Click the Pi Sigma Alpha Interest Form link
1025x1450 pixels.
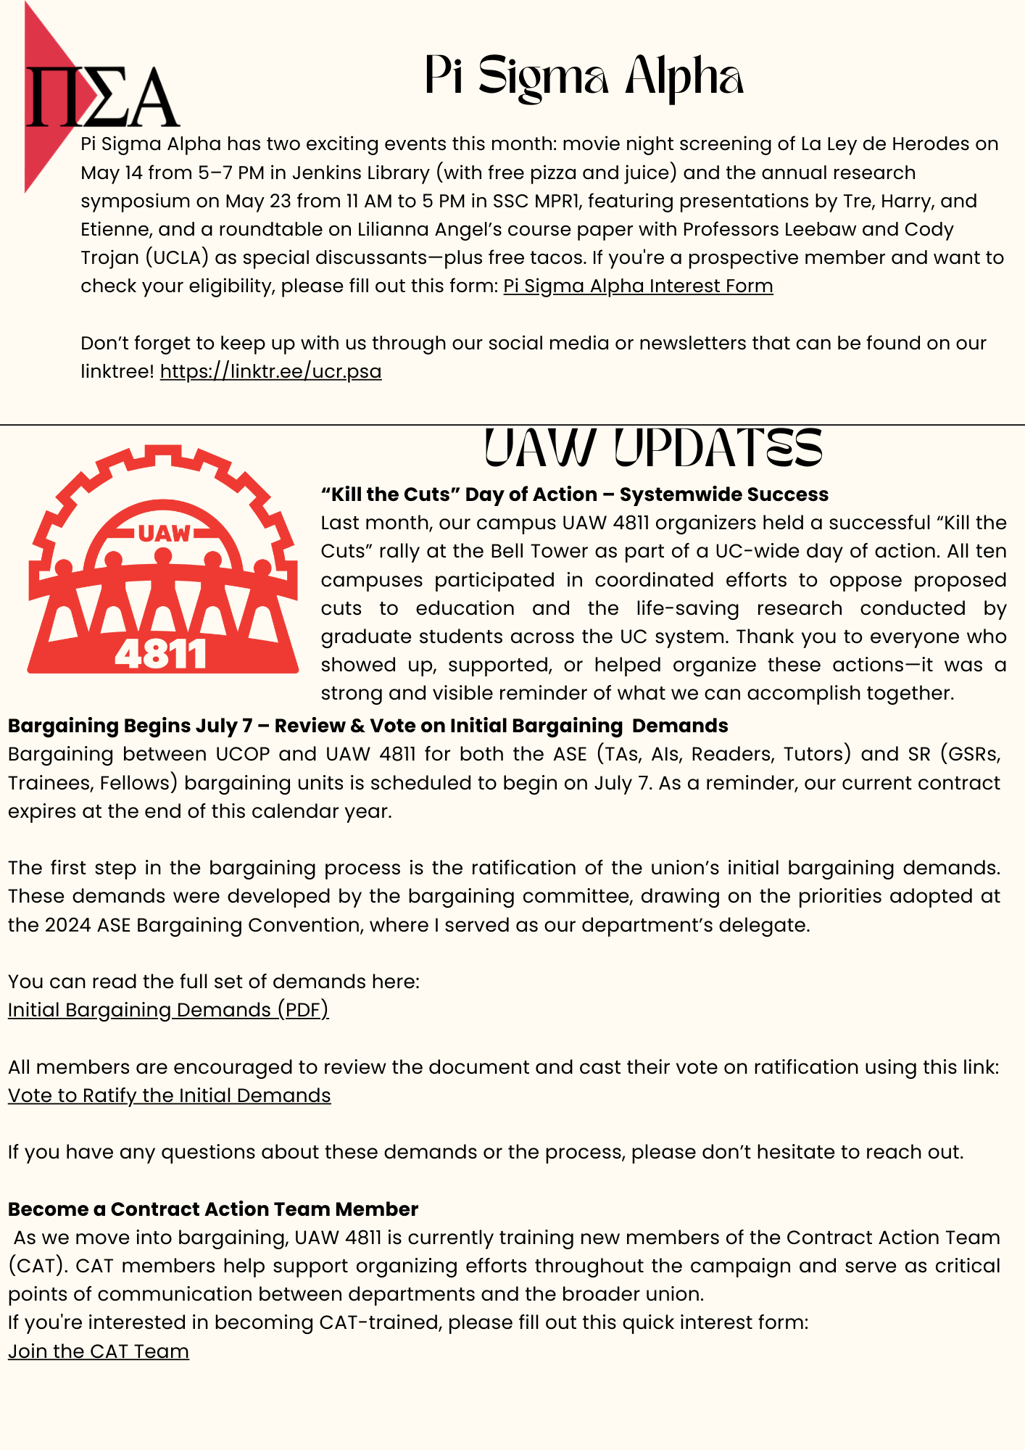(638, 286)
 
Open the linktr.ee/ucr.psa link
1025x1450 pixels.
(270, 371)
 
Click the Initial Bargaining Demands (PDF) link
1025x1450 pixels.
(168, 1010)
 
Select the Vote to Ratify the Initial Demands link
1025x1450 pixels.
(169, 1095)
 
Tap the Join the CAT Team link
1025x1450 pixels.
(99, 1351)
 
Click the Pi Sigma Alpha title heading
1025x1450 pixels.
(584, 77)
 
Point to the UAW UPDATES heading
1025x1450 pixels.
(652, 448)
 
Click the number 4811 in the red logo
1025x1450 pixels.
(161, 655)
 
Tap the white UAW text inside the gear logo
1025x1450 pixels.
(164, 534)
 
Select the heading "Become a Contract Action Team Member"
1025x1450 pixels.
(213, 1209)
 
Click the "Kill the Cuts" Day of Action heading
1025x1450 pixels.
(574, 494)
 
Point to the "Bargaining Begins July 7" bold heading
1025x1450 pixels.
(368, 726)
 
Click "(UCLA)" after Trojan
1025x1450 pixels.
(175, 258)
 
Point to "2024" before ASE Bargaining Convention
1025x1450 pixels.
(67, 925)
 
